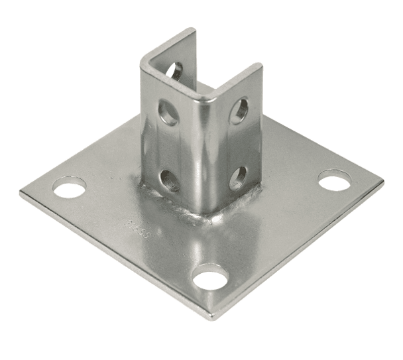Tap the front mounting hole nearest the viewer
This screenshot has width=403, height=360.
(x=210, y=278)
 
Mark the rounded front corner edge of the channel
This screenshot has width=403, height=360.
(x=203, y=146)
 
